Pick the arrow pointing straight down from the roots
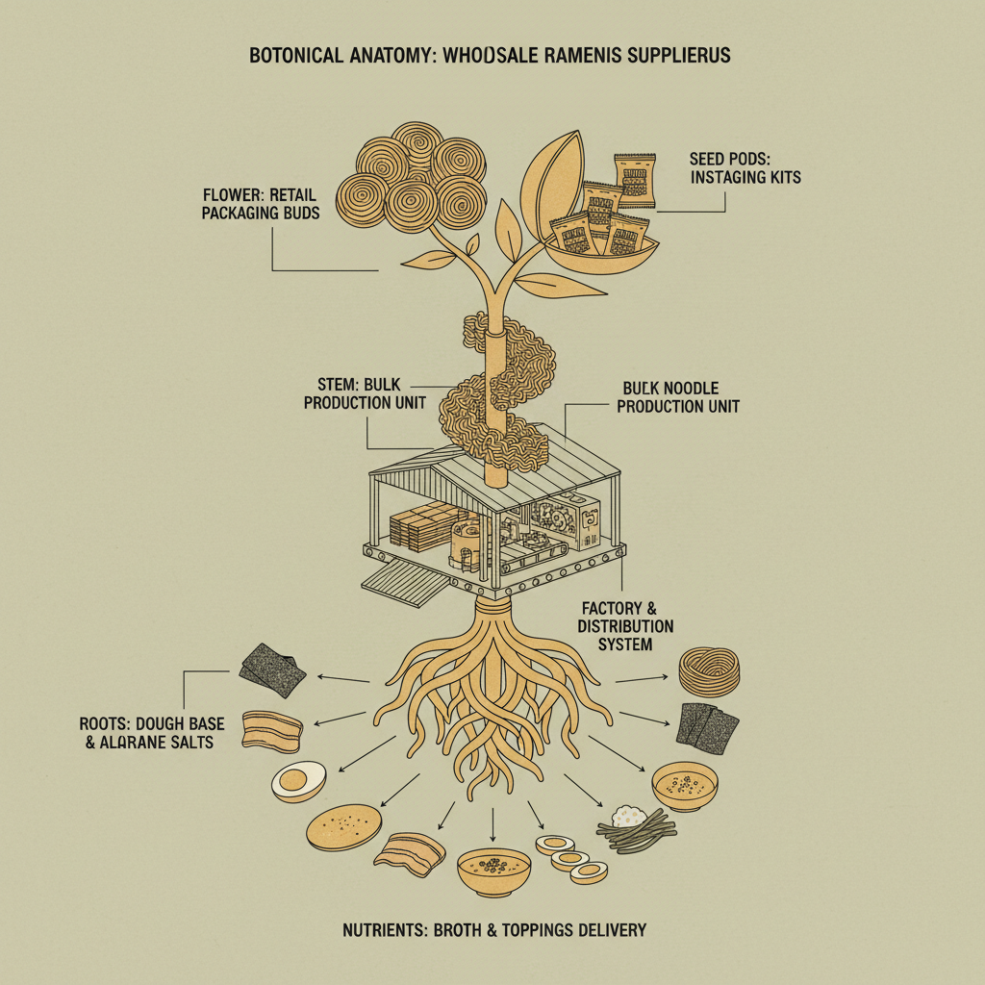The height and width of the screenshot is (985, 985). pos(492,825)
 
